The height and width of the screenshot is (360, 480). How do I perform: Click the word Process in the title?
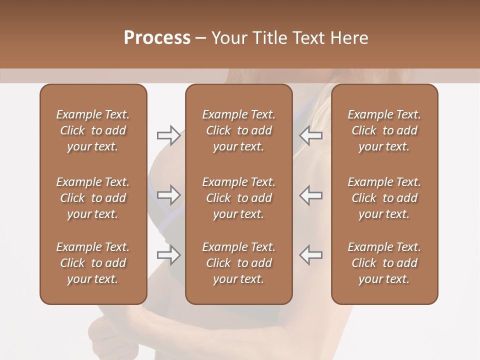[157, 38]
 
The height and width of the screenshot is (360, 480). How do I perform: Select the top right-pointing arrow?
[168, 135]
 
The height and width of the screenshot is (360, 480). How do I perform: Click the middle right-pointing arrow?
[168, 195]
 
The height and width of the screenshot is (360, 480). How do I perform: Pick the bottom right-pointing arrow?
[168, 255]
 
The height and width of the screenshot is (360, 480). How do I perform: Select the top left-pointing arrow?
[310, 135]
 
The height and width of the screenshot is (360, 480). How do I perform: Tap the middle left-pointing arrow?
[310, 195]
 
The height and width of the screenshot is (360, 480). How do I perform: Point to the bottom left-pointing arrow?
[310, 255]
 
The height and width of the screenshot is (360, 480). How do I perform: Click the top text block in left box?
[93, 130]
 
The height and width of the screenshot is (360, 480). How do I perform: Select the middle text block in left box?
[93, 198]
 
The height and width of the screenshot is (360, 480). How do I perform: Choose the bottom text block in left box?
[93, 263]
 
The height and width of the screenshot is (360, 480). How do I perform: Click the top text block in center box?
[238, 130]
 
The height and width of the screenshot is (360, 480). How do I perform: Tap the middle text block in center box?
[238, 198]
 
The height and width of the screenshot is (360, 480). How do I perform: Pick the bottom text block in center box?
[238, 263]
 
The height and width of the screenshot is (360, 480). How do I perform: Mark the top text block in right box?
[384, 130]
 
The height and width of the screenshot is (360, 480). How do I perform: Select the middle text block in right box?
[384, 198]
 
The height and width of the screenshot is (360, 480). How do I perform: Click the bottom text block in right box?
[384, 263]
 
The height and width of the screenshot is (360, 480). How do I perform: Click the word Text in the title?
[308, 38]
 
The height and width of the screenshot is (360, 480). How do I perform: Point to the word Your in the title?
[228, 38]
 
